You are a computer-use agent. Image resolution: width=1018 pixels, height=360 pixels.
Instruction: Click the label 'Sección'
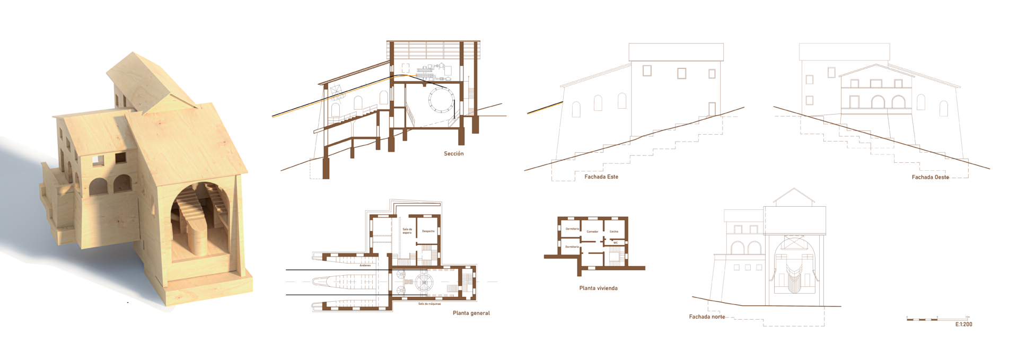(453, 154)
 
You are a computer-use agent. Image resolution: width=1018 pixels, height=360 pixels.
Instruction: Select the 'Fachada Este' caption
(601, 177)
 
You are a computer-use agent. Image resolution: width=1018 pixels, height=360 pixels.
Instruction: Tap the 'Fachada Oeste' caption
(931, 177)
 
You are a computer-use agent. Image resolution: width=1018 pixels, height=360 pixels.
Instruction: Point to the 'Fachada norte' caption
(707, 317)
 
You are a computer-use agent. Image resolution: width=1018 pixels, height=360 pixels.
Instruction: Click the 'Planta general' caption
(471, 313)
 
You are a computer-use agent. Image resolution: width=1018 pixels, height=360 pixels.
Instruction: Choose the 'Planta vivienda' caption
(598, 288)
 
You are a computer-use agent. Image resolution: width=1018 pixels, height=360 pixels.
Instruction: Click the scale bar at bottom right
(938, 319)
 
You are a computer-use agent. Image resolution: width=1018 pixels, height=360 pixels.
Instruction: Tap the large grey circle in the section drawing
(442, 100)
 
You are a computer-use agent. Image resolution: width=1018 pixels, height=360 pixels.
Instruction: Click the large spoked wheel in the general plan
(424, 282)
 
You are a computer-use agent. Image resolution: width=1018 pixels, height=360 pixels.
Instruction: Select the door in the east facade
(712, 109)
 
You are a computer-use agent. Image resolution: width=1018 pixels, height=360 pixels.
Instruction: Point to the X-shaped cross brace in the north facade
(794, 243)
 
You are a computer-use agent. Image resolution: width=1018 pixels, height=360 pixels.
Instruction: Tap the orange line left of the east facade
(544, 109)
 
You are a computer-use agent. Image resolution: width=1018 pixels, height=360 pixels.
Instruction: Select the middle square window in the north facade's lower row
(748, 267)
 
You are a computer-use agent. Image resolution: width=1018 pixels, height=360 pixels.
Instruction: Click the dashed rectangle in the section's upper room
(406, 68)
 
